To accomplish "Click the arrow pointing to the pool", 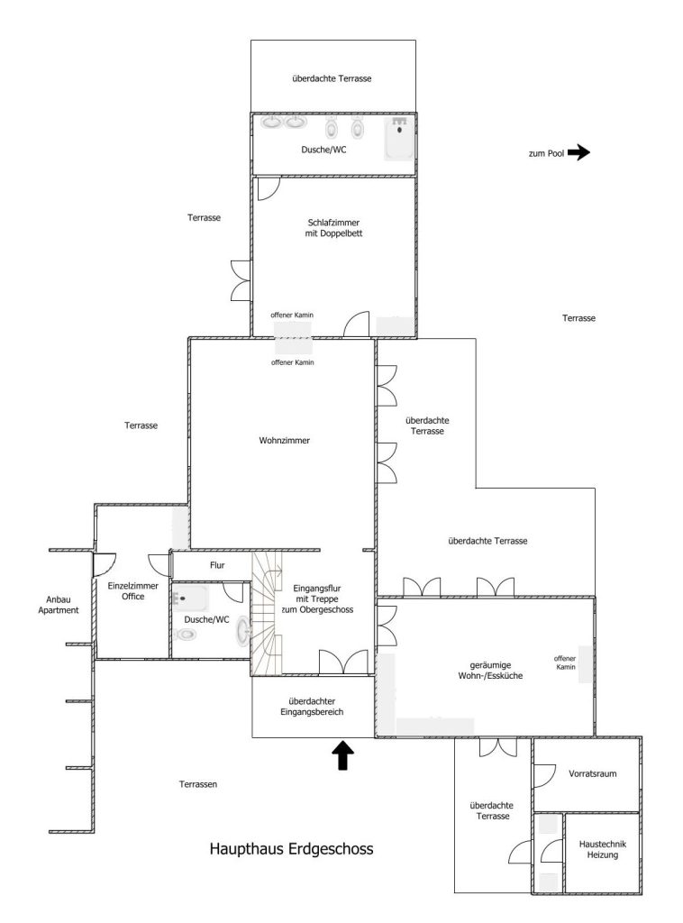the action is (578, 152).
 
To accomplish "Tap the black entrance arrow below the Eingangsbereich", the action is (343, 755).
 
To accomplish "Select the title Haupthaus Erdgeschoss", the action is (291, 849).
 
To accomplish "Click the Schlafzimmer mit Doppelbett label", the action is (333, 228).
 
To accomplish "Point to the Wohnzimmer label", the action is (284, 440).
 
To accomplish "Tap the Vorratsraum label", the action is (592, 773).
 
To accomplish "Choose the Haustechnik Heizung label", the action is (603, 849).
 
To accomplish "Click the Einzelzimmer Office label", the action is (133, 591).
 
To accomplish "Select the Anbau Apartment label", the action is (59, 605).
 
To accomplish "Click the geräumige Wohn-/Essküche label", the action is (491, 671).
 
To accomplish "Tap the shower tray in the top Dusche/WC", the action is (399, 138).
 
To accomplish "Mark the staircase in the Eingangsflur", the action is (267, 612).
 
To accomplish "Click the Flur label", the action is (217, 565).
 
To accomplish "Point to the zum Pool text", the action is (547, 153).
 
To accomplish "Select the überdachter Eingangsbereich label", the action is (313, 707).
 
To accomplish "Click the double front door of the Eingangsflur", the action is (343, 663).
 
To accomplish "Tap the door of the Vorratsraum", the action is (544, 776).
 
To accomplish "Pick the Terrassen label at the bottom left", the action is (198, 784).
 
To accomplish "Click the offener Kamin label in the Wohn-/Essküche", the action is (565, 663).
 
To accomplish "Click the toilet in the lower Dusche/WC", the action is (186, 634).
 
